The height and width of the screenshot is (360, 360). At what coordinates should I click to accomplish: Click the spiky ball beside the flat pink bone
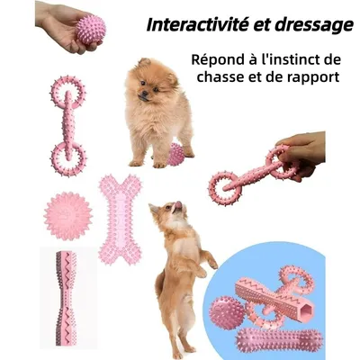click(x=67, y=215)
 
